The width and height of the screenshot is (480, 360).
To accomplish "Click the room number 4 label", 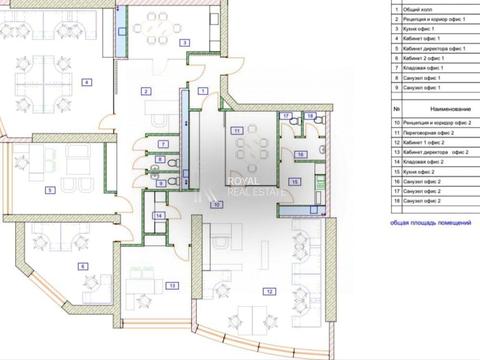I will (87, 82).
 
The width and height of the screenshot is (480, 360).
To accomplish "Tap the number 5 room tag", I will (49, 189).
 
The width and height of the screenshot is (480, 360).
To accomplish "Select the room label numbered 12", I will (269, 291).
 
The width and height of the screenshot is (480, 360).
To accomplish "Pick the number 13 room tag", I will (172, 285).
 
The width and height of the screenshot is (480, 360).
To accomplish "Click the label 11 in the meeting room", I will (236, 131).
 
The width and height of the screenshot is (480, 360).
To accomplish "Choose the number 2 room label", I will (146, 92).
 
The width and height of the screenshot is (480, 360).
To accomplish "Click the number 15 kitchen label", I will (293, 181).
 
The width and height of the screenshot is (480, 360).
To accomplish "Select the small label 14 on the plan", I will (159, 215).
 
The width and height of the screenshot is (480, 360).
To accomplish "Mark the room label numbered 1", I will (203, 91).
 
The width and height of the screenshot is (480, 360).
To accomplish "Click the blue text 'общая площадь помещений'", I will (431, 222).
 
